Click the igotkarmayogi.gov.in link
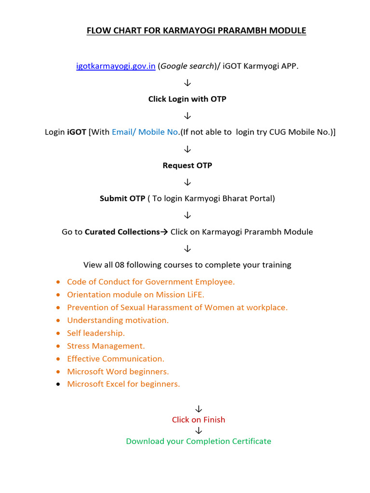(116, 66)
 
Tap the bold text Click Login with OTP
(187, 99)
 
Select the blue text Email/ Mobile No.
(145, 132)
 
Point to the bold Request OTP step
(187, 166)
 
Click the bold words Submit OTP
(122, 198)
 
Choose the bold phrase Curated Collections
(122, 232)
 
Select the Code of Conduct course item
(151, 282)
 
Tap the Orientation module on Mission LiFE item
(139, 295)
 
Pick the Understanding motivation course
(118, 320)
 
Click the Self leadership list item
(96, 333)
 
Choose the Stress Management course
(106, 346)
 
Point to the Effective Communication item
(116, 359)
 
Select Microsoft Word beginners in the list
(118, 372)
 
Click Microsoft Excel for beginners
(123, 384)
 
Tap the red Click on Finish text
(198, 420)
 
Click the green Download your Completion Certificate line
(198, 441)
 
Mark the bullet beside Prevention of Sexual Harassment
(58, 308)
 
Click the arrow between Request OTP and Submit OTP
(187, 182)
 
